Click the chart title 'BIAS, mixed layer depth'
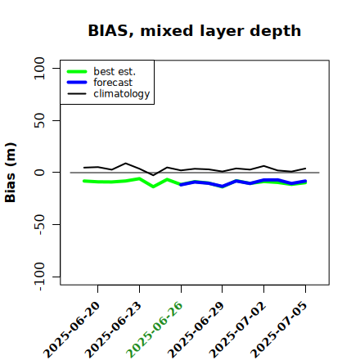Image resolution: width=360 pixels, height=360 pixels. click(x=195, y=31)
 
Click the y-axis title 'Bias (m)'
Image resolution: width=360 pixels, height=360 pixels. click(x=11, y=173)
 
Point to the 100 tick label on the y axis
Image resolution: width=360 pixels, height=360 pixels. click(x=39, y=68)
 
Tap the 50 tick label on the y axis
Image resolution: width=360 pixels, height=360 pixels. click(x=39, y=120)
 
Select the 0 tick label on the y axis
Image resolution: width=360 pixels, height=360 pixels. click(x=39, y=173)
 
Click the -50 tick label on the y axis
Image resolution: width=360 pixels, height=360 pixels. click(x=40, y=225)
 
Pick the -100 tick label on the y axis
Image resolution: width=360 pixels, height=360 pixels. click(x=40, y=277)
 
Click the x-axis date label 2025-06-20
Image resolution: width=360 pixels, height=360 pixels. click(x=72, y=330)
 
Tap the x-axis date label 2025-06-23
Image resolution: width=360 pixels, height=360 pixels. click(x=114, y=330)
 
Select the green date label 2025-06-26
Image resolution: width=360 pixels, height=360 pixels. click(x=155, y=330)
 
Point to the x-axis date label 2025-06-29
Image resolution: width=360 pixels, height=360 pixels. click(x=196, y=330)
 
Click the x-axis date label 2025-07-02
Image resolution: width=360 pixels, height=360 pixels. click(x=237, y=330)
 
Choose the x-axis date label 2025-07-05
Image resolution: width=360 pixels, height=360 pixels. click(x=279, y=330)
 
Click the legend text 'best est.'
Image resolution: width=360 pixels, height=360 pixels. click(x=115, y=71)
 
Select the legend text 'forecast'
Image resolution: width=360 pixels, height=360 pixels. click(x=113, y=83)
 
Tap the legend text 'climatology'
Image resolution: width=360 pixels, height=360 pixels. click(x=122, y=94)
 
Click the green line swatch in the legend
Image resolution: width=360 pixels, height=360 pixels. click(x=77, y=71)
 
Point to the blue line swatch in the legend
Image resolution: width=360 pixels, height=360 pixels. click(x=77, y=83)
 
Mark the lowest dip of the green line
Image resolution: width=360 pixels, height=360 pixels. click(x=153, y=187)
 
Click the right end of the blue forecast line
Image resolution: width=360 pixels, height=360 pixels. click(x=305, y=181)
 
